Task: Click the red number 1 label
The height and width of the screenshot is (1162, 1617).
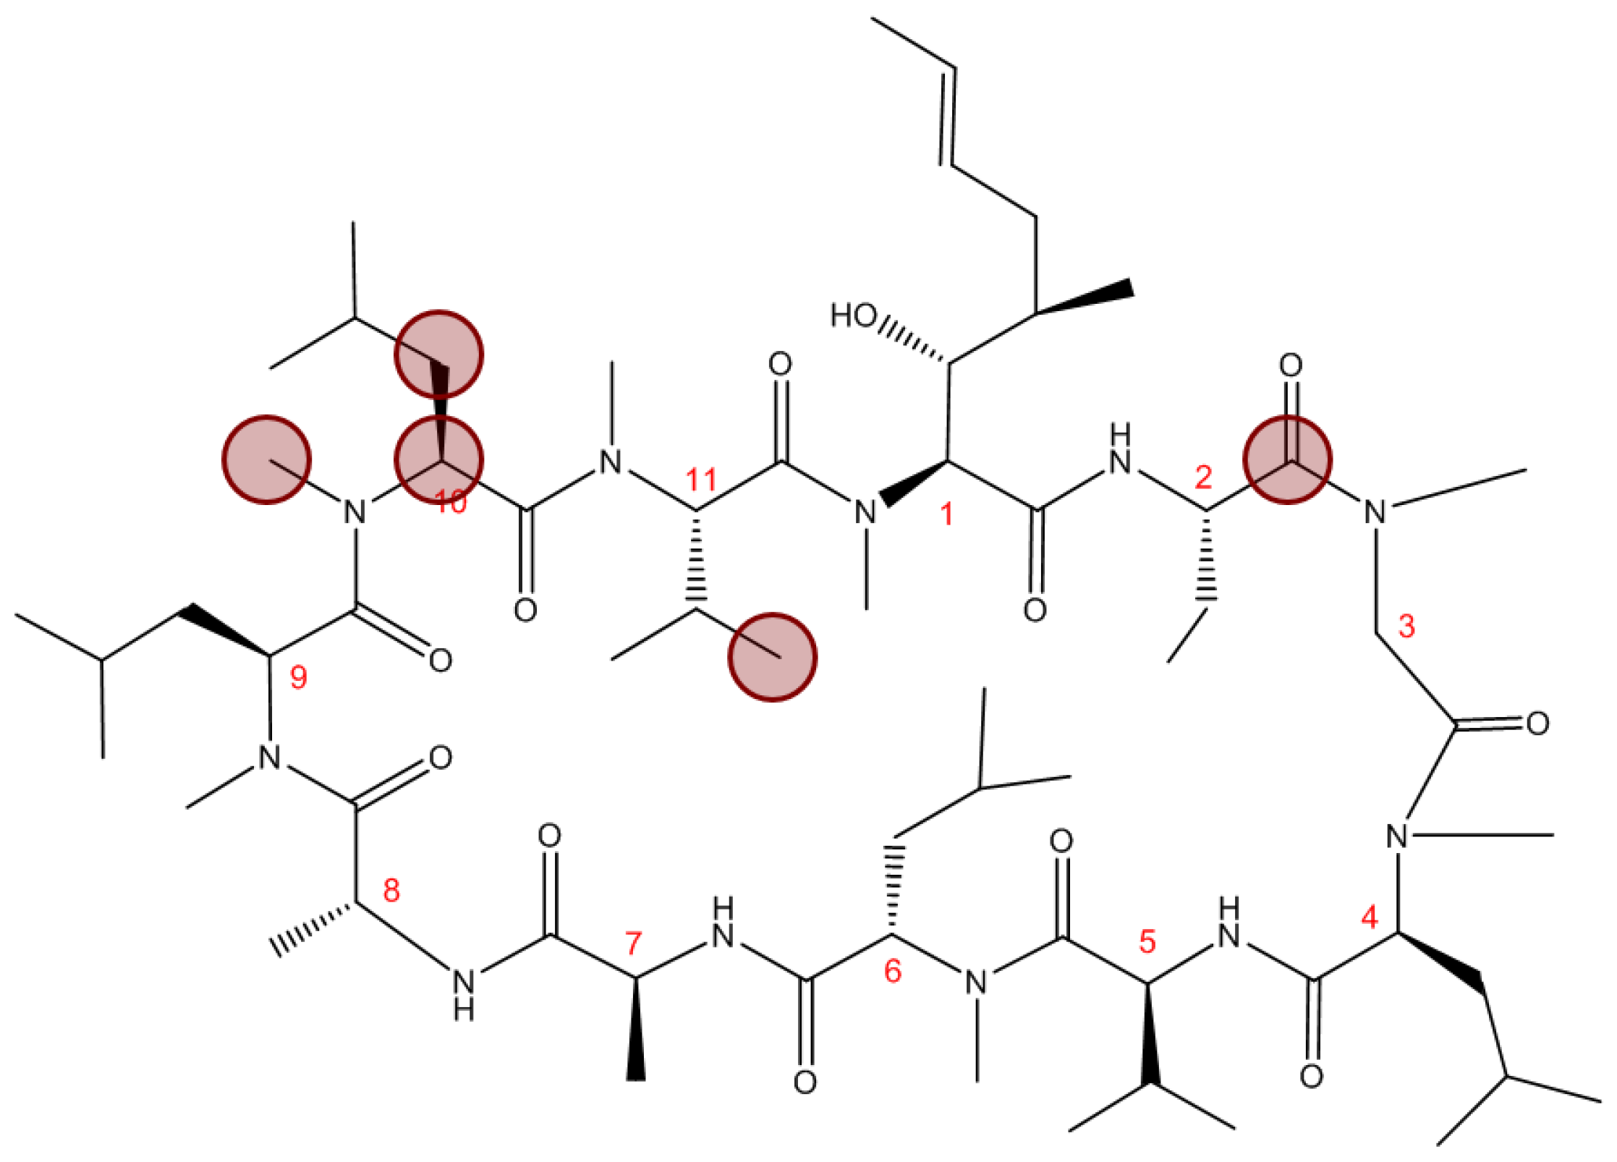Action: tap(946, 514)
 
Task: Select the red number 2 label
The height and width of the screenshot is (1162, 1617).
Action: tap(1203, 478)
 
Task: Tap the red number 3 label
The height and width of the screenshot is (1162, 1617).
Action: tap(1406, 626)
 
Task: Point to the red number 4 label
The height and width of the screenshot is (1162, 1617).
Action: tap(1370, 918)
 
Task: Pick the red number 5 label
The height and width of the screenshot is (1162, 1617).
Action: tap(1147, 941)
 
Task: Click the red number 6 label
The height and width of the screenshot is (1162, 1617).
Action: tap(893, 972)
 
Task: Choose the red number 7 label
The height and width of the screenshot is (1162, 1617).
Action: tap(633, 943)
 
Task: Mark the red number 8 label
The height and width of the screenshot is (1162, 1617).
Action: tap(391, 891)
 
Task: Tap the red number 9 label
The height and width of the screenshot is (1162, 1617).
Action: tap(298, 677)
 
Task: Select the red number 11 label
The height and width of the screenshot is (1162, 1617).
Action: tap(700, 480)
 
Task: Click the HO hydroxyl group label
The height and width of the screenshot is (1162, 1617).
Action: tap(854, 315)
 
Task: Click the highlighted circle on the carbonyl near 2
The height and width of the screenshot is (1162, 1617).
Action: tap(1287, 459)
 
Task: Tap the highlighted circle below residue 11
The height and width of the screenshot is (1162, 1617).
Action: tap(772, 657)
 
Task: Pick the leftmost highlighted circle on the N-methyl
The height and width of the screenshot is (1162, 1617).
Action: tap(266, 459)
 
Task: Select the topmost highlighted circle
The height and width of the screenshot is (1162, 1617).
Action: tap(438, 355)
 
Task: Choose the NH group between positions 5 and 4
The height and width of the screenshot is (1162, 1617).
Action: tap(1228, 924)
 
